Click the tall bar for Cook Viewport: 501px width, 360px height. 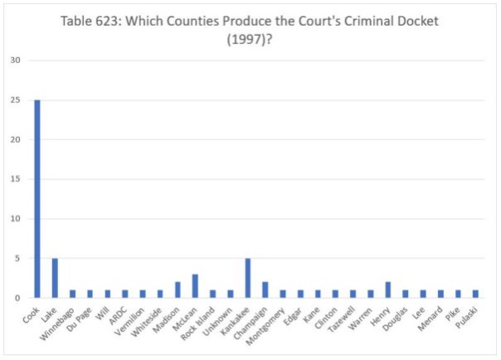[37, 199]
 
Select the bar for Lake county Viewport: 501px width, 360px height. [55, 278]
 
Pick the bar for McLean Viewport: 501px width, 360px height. [195, 285]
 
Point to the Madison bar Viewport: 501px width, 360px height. [178, 289]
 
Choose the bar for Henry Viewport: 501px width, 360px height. [387, 289]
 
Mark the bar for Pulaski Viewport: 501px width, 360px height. [475, 294]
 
